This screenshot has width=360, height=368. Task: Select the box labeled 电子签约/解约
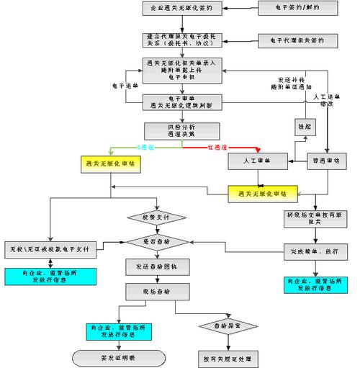(x=281, y=8)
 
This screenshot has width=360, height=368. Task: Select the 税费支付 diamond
(x=156, y=217)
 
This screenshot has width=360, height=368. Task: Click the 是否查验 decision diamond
(x=156, y=243)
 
